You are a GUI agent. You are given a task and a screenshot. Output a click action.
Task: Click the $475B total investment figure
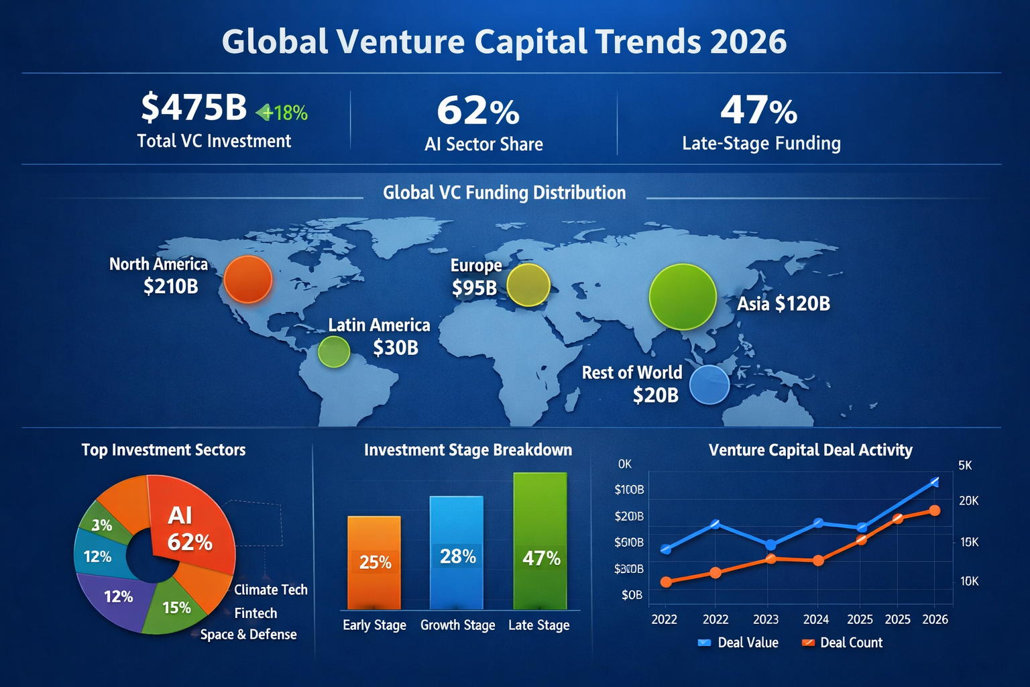[194, 107]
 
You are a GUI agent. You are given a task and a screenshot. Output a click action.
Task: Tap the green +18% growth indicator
[282, 113]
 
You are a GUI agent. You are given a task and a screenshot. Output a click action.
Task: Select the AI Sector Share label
[483, 144]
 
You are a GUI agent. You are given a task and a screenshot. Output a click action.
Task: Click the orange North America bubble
[248, 279]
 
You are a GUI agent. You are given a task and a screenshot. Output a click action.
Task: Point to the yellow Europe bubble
[528, 285]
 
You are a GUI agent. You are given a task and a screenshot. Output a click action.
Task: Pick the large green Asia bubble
[683, 297]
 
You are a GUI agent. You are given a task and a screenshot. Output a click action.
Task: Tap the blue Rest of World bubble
[709, 385]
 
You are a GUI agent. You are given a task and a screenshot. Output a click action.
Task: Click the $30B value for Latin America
[396, 348]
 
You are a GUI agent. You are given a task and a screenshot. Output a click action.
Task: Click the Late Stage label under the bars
[538, 625]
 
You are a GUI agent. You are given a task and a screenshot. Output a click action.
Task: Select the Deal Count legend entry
[843, 643]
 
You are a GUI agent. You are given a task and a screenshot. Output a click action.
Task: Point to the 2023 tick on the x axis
[766, 619]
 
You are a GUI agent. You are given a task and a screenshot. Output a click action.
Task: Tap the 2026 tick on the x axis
[935, 619]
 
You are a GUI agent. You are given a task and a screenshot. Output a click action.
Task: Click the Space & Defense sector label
[248, 635]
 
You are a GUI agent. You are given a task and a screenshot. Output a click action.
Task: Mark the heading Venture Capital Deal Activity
[810, 450]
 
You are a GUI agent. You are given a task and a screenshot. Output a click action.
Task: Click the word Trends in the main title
[648, 42]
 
